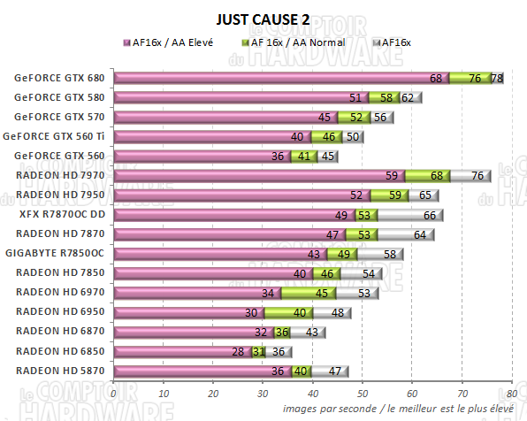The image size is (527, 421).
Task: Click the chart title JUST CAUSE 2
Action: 263,19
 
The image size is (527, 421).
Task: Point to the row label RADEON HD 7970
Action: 61,175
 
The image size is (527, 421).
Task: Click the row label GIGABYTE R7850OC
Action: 59,253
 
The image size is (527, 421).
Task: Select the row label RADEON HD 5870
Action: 61,371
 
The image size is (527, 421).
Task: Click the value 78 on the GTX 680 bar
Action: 497,79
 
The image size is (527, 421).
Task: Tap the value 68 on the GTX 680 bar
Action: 436,79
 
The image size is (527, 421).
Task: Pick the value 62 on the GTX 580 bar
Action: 408,98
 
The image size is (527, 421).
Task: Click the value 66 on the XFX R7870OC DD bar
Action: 428,215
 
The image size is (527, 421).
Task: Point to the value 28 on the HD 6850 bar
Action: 237,351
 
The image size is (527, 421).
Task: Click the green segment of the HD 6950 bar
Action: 288,312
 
